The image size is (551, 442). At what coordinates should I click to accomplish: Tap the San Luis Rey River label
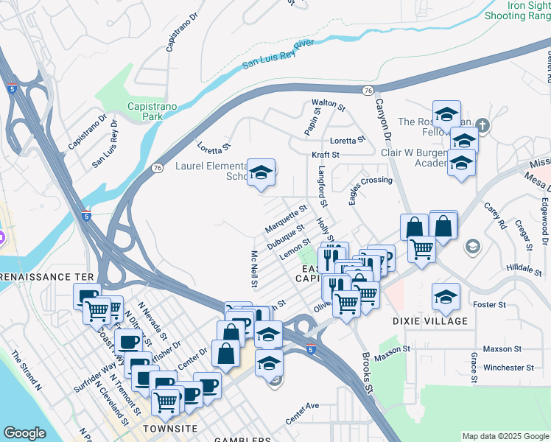click(x=278, y=56)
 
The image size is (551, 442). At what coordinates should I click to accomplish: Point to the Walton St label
click(x=328, y=105)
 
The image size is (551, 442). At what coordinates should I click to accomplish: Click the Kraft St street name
click(x=324, y=155)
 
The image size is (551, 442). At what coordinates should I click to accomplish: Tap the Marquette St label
click(x=286, y=219)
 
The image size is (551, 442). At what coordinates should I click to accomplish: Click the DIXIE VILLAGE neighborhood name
click(x=430, y=321)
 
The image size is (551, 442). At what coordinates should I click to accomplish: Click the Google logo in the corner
click(x=25, y=433)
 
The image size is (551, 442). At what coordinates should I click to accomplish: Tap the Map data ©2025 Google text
click(x=505, y=436)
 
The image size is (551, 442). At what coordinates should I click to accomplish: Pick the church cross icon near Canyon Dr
click(x=482, y=124)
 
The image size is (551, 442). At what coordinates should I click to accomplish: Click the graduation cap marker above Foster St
click(x=446, y=297)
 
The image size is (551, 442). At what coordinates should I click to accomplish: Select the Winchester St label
click(x=508, y=367)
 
